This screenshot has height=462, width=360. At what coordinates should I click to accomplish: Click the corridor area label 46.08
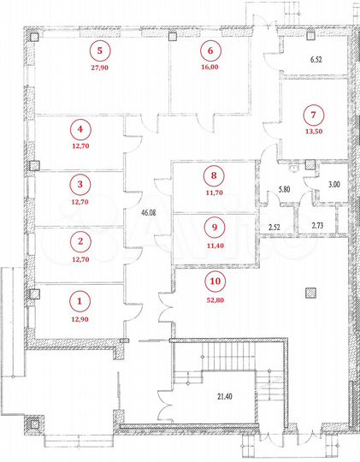coord(141,209)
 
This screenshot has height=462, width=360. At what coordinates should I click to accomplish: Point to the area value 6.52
coord(315,60)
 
